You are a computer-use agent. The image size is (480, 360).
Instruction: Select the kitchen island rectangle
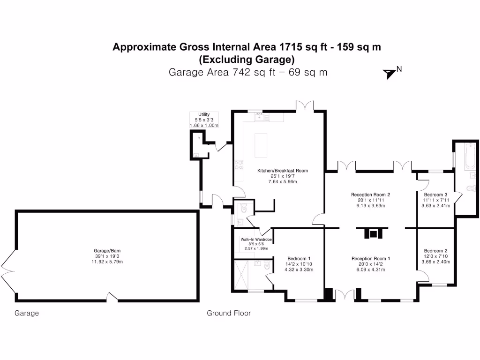tap(261, 146)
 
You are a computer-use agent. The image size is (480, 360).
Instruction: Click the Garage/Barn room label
tap(107, 250)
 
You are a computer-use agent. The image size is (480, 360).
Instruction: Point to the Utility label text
tap(204, 114)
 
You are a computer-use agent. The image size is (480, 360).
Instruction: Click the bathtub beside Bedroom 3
tap(471, 157)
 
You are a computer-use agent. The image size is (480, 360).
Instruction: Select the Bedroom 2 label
tap(435, 250)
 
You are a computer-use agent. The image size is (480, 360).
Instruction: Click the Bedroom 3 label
tap(435, 195)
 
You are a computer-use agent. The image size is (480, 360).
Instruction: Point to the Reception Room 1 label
tap(371, 258)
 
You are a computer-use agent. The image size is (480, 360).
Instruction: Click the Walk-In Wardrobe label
tap(256, 239)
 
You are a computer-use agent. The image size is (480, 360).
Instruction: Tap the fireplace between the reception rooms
tap(372, 233)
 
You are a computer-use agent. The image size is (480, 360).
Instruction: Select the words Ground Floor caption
tap(229, 313)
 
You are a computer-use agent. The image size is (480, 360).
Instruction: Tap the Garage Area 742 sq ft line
tap(247, 72)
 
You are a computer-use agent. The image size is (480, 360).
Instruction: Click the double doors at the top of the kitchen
tap(304, 106)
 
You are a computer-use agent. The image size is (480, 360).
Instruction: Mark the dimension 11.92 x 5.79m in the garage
tap(107, 262)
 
